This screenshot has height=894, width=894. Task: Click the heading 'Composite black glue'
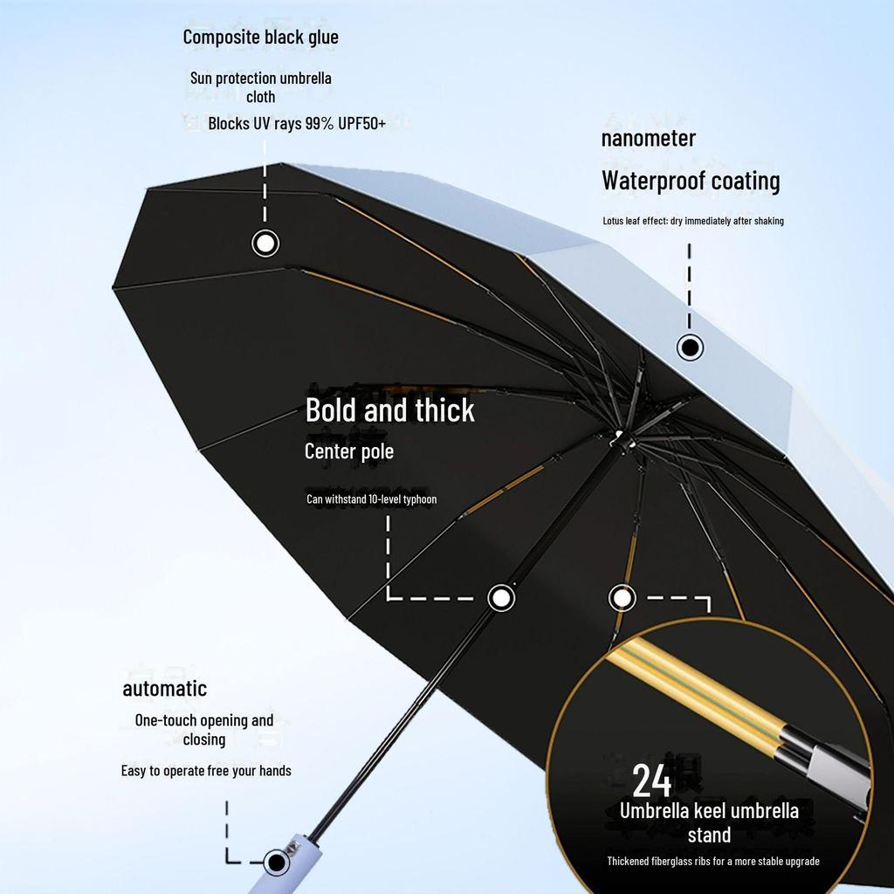click(x=260, y=38)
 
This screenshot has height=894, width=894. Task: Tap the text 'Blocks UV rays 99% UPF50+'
click(x=297, y=124)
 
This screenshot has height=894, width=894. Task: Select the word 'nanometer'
click(x=648, y=138)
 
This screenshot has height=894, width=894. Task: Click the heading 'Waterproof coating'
click(x=690, y=181)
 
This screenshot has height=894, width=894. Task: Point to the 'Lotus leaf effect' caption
click(x=693, y=221)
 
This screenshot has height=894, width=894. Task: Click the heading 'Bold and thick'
click(x=389, y=410)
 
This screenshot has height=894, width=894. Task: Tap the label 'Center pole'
click(x=348, y=451)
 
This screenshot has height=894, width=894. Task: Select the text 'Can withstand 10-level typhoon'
click(x=371, y=499)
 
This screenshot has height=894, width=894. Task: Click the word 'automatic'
click(x=164, y=688)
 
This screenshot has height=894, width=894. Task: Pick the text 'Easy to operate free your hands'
click(x=206, y=771)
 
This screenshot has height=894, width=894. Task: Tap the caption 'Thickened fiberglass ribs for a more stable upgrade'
click(x=712, y=862)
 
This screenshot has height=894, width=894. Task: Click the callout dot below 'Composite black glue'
click(x=265, y=243)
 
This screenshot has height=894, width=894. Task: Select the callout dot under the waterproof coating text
click(x=690, y=347)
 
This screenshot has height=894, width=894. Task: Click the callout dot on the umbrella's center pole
click(x=500, y=598)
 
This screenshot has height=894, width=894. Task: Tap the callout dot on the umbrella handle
click(x=277, y=863)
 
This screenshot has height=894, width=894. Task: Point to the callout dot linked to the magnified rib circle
click(x=622, y=598)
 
